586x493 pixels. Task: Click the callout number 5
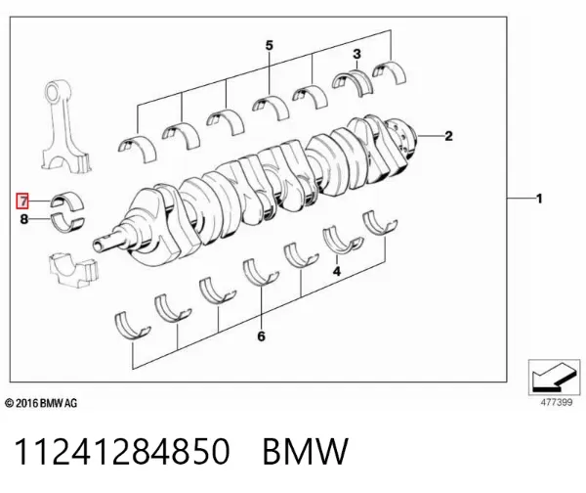tap(270, 45)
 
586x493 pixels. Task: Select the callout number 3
tap(356, 54)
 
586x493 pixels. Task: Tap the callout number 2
tap(448, 136)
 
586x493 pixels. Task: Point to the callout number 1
tap(539, 199)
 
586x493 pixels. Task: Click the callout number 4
tap(337, 271)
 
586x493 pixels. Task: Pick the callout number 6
tap(261, 336)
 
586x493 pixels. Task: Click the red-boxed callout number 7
tap(22, 202)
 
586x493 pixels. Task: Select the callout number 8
tap(23, 219)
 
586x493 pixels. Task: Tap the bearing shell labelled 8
tap(67, 223)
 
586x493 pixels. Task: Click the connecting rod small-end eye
tap(56, 91)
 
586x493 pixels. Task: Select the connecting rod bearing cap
tap(74, 269)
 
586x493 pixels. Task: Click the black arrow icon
tap(554, 377)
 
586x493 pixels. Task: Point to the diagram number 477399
tap(557, 402)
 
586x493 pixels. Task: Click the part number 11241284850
tap(122, 452)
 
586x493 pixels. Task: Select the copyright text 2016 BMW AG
tap(41, 403)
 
